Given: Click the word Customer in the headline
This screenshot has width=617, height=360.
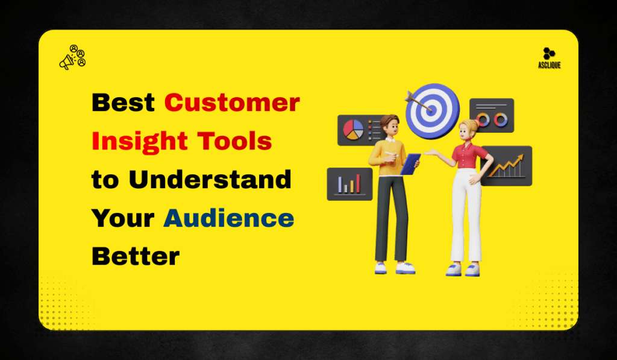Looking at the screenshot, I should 232,103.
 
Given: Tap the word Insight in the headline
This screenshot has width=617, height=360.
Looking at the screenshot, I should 127,142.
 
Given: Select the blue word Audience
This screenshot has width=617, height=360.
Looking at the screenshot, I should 228,218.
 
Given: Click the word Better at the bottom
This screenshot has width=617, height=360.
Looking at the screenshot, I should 136,257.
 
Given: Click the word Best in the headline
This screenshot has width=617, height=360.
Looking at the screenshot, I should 123,103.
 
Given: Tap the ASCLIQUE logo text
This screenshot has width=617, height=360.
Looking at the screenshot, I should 549,65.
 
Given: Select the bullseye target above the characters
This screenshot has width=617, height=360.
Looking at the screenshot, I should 432,110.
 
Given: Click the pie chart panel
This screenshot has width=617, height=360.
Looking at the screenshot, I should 354,128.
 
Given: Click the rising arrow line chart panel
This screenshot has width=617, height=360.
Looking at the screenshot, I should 507,166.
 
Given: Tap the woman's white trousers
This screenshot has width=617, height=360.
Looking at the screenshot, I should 465,217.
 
